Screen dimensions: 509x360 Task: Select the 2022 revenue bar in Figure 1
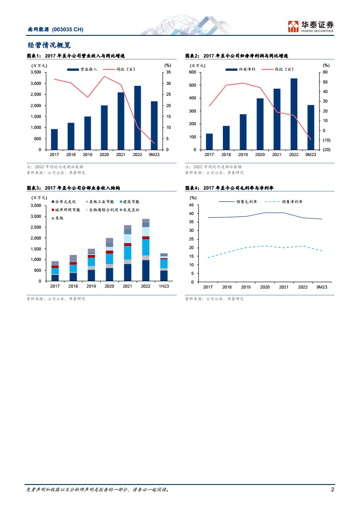(x=138, y=117)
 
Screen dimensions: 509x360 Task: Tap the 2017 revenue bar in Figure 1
(x=54, y=139)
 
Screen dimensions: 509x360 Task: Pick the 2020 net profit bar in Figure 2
(x=260, y=124)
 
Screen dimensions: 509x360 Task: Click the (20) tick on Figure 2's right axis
(x=327, y=150)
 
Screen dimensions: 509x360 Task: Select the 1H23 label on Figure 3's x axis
(x=163, y=286)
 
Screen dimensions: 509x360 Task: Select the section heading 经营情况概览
(x=49, y=45)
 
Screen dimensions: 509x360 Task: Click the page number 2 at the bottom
(x=332, y=489)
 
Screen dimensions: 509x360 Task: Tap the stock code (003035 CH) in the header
(x=68, y=29)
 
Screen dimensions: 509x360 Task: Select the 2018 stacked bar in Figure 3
(x=73, y=268)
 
